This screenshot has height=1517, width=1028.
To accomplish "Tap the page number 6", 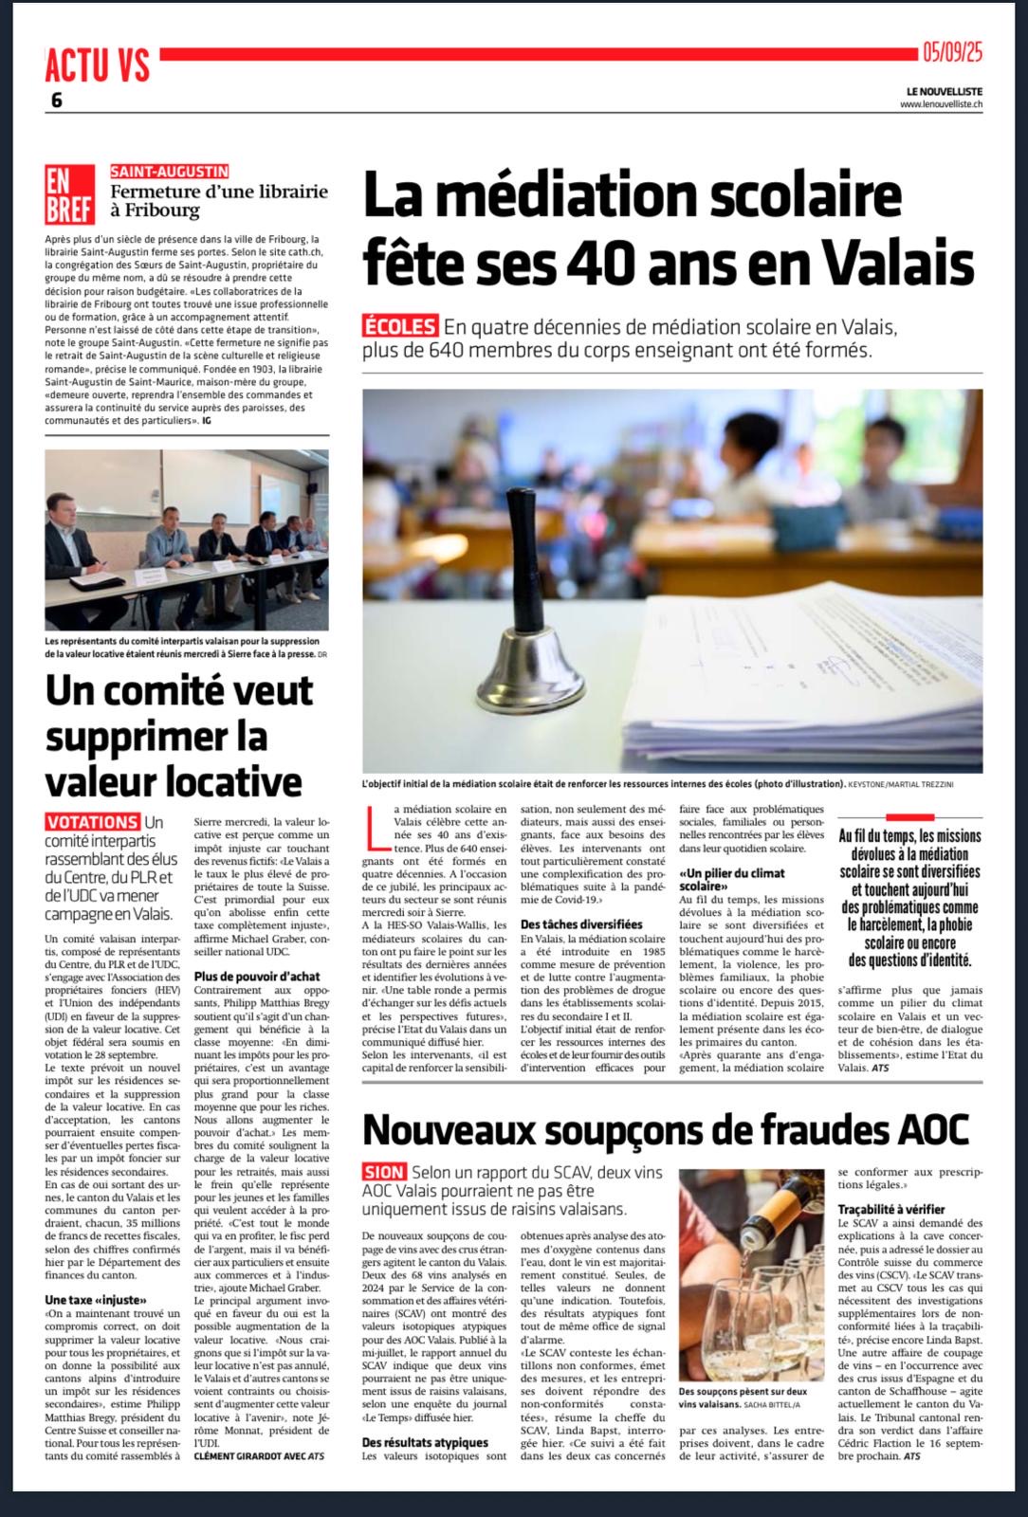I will coord(56,101).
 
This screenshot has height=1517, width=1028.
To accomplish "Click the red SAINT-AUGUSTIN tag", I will coord(170,172).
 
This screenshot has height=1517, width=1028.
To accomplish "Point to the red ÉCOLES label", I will coord(400,327).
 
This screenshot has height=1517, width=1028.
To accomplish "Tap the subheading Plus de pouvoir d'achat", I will coord(256,976).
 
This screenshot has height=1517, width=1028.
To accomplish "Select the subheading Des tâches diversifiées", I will coord(581,923).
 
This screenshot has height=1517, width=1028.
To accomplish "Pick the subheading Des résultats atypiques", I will coord(425,1442).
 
